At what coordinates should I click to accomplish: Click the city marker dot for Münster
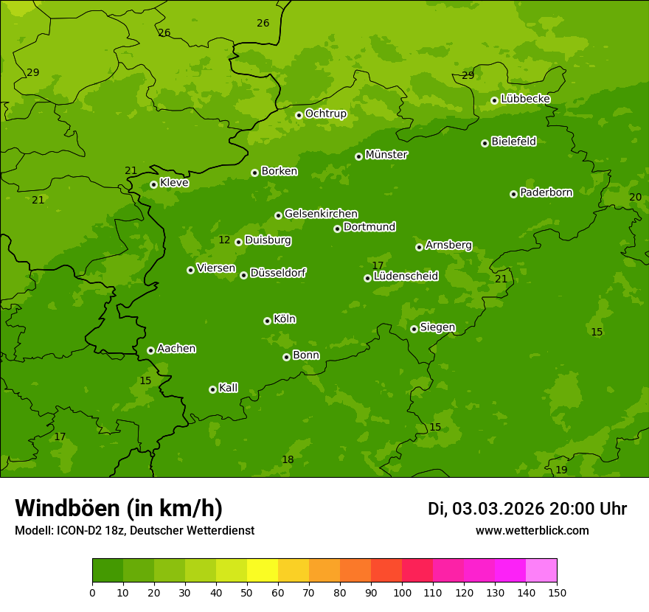coord(359,156)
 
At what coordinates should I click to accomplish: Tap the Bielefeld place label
coord(513,142)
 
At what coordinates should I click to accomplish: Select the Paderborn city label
coord(546,192)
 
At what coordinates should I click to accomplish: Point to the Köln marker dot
coord(267,321)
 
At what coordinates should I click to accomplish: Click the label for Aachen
coord(176,349)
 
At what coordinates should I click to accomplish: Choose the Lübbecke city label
coord(525,99)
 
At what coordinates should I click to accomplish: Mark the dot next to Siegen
coord(414,329)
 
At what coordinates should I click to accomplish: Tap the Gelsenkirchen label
coord(321,214)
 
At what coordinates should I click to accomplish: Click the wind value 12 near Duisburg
coord(224,240)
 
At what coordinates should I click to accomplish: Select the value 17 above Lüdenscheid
coord(378,265)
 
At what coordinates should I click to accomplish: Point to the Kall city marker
coord(212,389)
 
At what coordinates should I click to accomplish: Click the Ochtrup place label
coord(325,114)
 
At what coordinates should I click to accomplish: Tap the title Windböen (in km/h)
coord(119,508)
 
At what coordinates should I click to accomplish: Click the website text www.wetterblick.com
coord(532,531)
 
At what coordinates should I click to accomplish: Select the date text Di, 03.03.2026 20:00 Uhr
coord(527,509)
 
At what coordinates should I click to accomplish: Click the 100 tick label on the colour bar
coord(402,592)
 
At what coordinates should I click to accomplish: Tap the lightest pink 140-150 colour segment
coord(541,571)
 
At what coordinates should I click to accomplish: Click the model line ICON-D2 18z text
coord(134,531)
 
